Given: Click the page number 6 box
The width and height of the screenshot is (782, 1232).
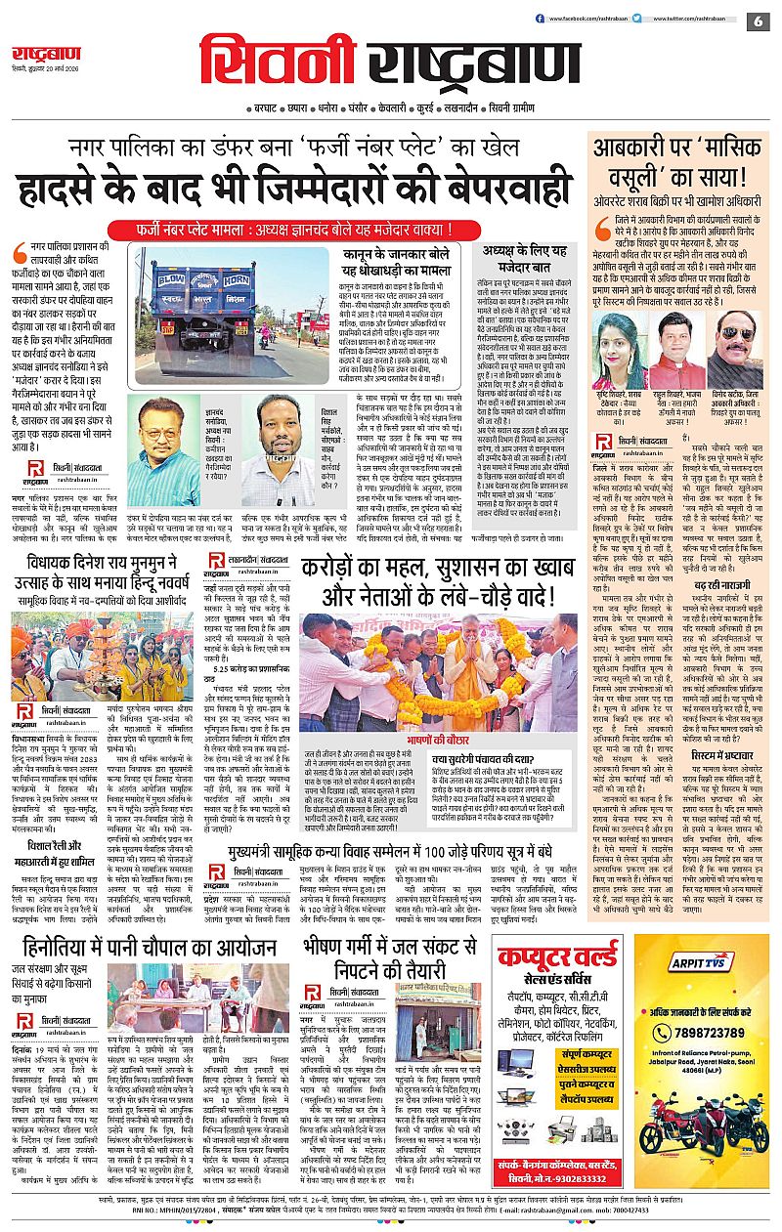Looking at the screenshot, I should [x=758, y=21].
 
